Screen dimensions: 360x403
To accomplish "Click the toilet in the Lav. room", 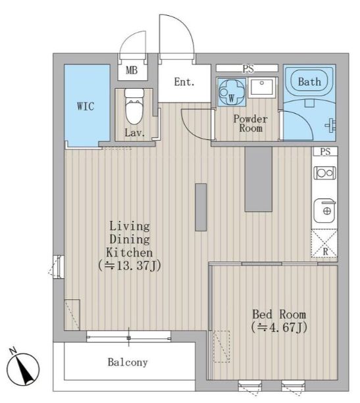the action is click(134, 107).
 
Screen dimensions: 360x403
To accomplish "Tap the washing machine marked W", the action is click(232, 92).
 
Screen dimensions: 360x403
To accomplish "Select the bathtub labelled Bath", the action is click(309, 82).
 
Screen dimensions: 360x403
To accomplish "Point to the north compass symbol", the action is click(22, 368).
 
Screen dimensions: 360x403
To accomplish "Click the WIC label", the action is click(86, 106).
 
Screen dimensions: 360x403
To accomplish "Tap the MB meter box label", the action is click(132, 70).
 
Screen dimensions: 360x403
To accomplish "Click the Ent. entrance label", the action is click(184, 82).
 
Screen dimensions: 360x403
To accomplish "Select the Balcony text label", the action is click(128, 362).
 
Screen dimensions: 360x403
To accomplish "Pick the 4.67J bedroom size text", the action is click(279, 327).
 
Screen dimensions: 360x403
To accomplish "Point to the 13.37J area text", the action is click(130, 266).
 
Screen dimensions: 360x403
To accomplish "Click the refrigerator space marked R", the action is click(324, 244).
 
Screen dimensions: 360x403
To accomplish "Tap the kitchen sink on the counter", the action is click(324, 211).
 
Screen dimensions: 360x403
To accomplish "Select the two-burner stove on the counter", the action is click(324, 173).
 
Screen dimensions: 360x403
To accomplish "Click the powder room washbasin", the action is click(262, 87).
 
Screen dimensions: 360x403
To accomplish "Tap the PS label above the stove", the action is click(325, 151).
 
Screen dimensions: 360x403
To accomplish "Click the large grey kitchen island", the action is click(259, 179).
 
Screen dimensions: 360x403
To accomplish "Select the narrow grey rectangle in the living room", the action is click(201, 207).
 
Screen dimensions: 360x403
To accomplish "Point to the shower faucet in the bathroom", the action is click(330, 126).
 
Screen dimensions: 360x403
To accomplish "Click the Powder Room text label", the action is click(250, 124).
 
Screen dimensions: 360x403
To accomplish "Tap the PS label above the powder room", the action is click(248, 68).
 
